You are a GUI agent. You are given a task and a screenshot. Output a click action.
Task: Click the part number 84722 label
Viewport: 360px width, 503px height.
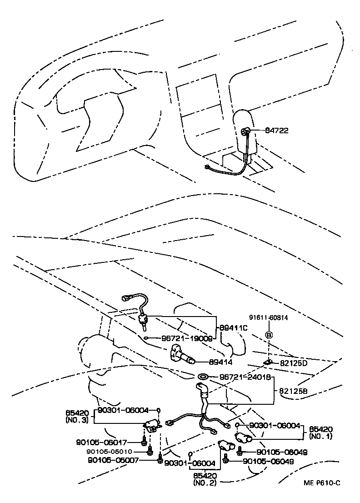(276, 131)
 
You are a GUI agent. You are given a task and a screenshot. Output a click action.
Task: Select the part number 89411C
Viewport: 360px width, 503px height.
(233, 327)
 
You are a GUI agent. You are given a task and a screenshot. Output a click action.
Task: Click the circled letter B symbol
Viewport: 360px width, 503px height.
(269, 336)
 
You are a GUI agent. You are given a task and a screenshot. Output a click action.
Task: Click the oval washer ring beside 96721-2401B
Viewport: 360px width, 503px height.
(202, 377)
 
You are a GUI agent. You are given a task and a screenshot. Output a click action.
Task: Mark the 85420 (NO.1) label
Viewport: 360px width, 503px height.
(321, 432)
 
